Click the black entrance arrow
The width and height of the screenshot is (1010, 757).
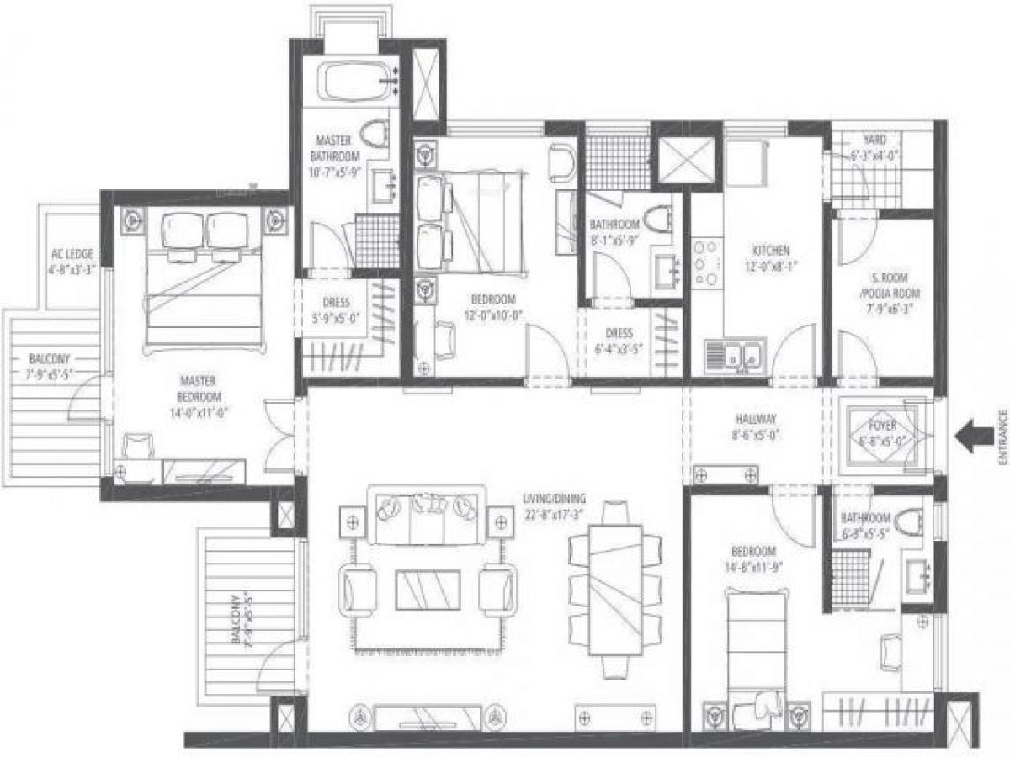(x=974, y=437)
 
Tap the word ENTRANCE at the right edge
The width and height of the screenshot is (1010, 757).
(x=1002, y=437)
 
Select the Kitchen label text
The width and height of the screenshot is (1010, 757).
(x=771, y=250)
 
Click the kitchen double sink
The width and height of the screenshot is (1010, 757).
(x=735, y=354)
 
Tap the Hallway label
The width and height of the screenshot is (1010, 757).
(x=754, y=419)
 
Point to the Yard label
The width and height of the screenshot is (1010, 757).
(x=874, y=140)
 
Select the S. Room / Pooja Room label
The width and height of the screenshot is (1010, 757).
(x=883, y=288)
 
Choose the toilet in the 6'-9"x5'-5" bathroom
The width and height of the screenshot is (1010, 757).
(x=908, y=524)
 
